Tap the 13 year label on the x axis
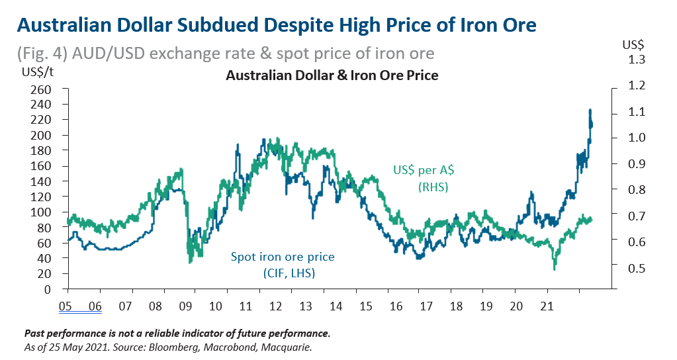306,306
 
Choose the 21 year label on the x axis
547,306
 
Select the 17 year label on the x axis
426,306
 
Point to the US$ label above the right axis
633,45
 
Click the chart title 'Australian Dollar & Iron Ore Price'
332,75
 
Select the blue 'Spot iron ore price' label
283,257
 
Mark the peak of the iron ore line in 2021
590,110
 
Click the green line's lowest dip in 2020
555,269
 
